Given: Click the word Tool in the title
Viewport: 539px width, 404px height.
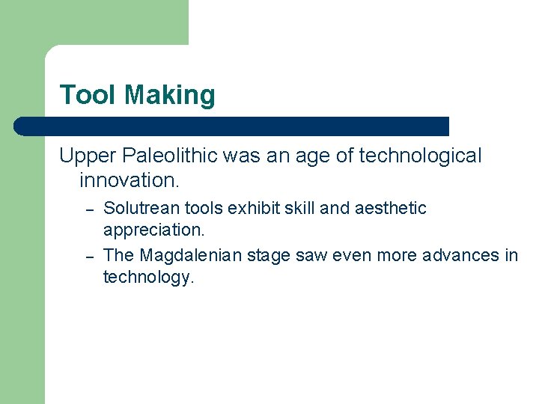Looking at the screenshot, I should (x=88, y=95).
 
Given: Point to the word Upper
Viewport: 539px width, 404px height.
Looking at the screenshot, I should (x=85, y=156).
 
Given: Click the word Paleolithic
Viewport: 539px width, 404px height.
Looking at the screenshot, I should (x=166, y=156).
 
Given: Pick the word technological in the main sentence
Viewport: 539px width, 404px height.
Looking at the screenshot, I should (x=420, y=156).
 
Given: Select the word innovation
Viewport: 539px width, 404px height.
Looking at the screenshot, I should (x=129, y=180).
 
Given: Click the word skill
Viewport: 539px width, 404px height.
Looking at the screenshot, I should (x=299, y=208).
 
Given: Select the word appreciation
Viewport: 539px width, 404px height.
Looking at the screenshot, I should (x=153, y=230).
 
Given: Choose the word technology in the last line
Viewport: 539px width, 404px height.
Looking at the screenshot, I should (x=148, y=278).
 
